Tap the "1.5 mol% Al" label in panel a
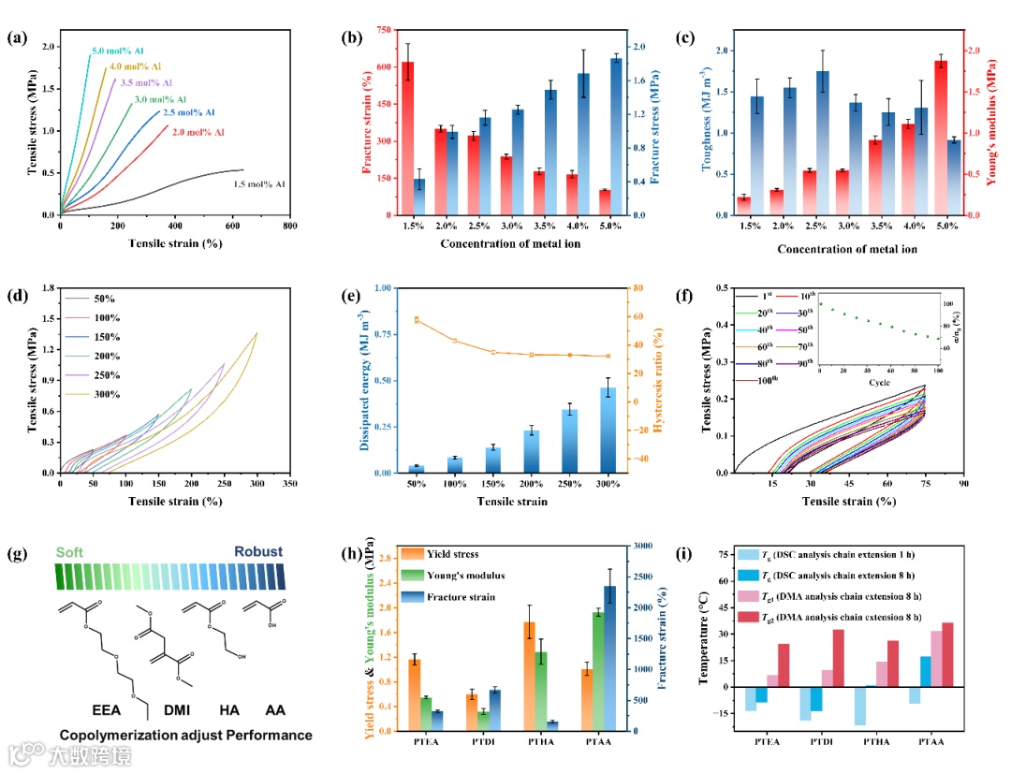tap(258, 184)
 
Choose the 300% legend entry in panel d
tap(106, 395)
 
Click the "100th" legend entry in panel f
tap(743, 381)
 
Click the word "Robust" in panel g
tap(257, 551)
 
